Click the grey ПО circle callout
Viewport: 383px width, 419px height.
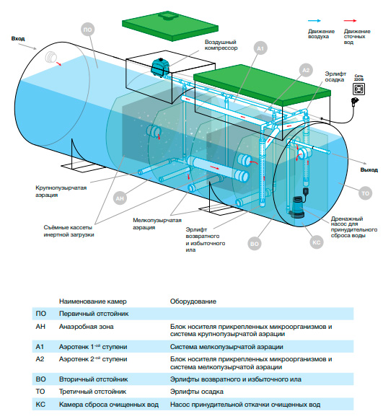click(x=87, y=30)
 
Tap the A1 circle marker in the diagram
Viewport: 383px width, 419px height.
click(x=260, y=48)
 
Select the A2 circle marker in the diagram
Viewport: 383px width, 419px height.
click(x=306, y=70)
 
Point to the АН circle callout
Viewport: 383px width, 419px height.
click(x=120, y=198)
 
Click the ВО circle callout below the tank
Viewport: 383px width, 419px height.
click(x=254, y=244)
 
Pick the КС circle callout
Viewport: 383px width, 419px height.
click(x=316, y=242)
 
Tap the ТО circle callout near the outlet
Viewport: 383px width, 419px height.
click(x=365, y=193)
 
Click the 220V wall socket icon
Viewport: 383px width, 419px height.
click(x=358, y=89)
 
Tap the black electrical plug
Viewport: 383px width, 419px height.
click(x=356, y=102)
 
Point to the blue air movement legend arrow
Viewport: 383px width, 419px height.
click(x=314, y=21)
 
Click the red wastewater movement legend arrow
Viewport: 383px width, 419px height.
click(x=351, y=21)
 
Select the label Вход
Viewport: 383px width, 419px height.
click(x=18, y=39)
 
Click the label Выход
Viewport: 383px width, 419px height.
click(x=369, y=170)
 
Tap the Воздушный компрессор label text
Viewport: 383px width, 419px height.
click(x=221, y=45)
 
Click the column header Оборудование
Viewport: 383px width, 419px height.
click(x=193, y=301)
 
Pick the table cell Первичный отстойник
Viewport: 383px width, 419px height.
click(x=94, y=314)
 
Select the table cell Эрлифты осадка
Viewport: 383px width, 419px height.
click(x=196, y=392)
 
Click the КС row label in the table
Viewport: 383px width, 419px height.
click(x=40, y=405)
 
